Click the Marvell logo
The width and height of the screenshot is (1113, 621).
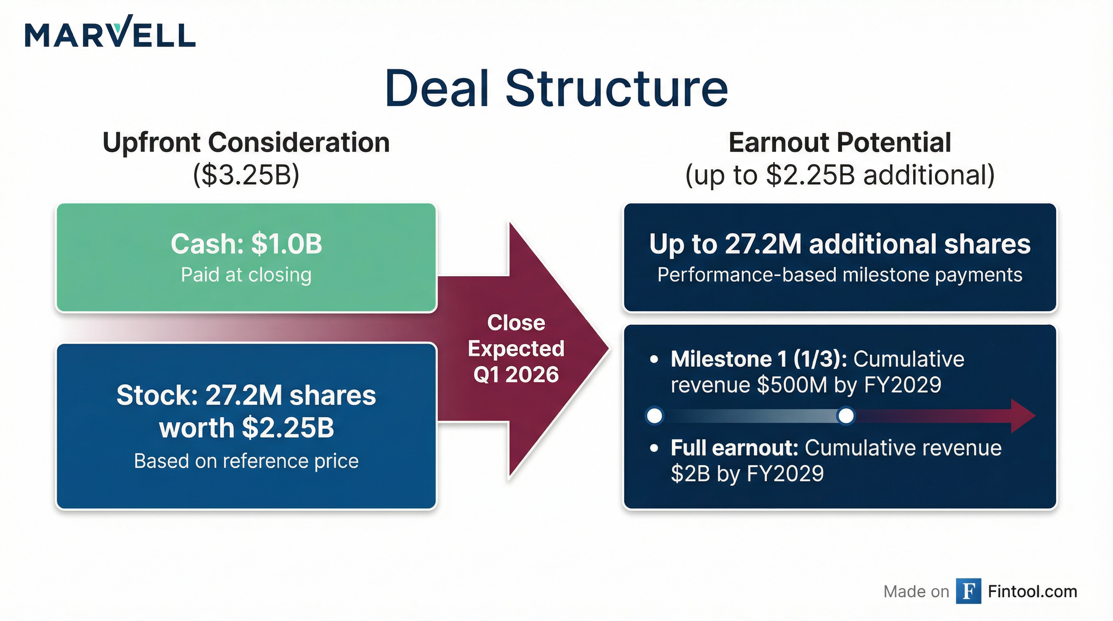tap(110, 32)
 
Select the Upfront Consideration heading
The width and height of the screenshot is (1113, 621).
tap(246, 142)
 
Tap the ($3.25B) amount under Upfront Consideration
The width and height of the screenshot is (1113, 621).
tap(246, 175)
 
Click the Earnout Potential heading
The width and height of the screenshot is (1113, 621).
tap(840, 142)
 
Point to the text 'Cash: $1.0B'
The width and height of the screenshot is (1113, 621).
tap(246, 244)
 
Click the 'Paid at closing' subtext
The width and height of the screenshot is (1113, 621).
tap(246, 275)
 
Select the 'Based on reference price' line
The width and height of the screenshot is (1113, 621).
tap(246, 461)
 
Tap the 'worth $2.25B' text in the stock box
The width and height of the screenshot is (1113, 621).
tap(246, 428)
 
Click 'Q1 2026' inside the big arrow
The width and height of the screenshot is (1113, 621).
tap(516, 374)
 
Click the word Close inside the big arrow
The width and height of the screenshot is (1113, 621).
tap(516, 323)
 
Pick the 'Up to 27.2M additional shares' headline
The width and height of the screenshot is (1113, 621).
tap(840, 244)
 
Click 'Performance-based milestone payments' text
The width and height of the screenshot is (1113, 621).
tap(840, 275)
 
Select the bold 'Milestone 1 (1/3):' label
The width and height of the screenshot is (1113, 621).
tap(758, 359)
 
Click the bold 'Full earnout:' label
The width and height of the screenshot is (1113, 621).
tap(734, 448)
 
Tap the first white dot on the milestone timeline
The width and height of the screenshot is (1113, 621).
tap(655, 416)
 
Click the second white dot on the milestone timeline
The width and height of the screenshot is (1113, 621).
tap(846, 416)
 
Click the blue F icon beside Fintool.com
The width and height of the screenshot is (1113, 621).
tap(968, 591)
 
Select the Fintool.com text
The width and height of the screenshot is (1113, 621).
tap(1032, 591)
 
